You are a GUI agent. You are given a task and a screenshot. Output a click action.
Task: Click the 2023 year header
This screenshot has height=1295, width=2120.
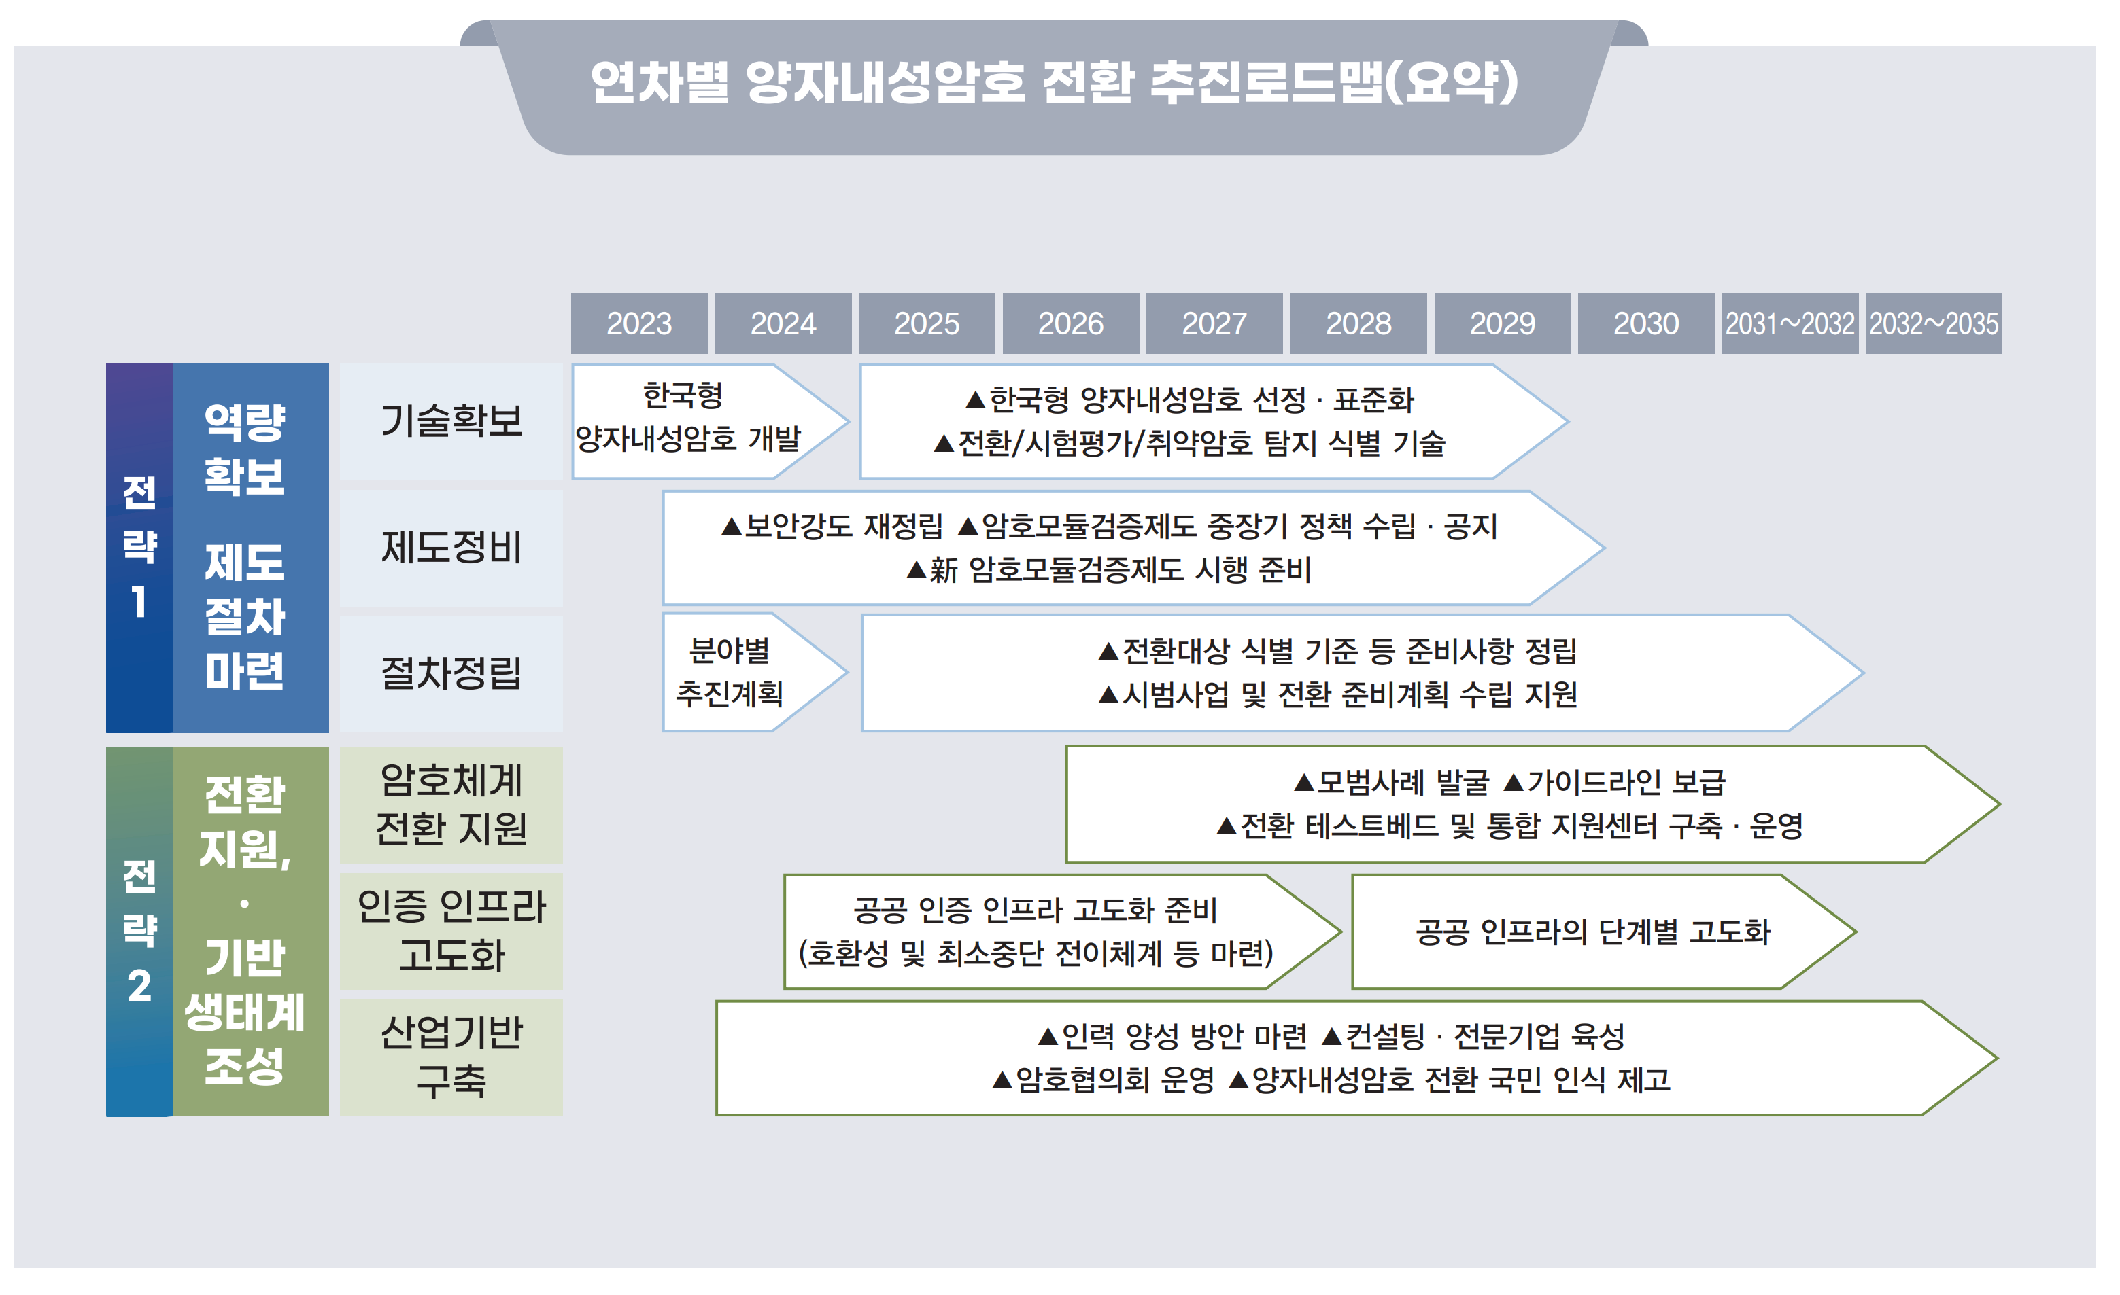click(x=638, y=323)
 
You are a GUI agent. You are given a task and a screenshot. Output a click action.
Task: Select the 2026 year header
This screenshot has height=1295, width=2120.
click(x=1070, y=323)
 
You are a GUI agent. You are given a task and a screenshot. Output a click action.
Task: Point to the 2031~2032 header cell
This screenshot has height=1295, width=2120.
click(x=1790, y=323)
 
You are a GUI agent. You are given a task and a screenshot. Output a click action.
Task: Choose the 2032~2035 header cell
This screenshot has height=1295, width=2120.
click(x=1933, y=323)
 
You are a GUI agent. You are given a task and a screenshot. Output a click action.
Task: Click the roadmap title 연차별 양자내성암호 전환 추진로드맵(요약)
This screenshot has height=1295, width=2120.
click(x=1054, y=84)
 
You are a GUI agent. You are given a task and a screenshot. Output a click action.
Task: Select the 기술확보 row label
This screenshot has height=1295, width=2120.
click(x=451, y=421)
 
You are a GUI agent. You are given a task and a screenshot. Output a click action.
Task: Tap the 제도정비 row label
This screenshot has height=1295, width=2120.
click(x=451, y=548)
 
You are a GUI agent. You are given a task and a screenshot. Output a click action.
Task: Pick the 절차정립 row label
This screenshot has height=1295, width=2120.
click(x=451, y=673)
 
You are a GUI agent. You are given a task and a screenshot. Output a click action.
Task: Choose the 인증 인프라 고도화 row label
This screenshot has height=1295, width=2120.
click(x=451, y=932)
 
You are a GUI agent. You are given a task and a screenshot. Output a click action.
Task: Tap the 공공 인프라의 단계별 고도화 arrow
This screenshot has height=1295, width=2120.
click(x=1592, y=932)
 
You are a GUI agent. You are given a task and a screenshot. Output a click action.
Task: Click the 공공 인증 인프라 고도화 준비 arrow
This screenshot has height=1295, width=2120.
click(x=1036, y=932)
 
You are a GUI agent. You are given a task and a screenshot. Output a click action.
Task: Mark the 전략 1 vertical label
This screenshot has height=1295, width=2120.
click(x=139, y=547)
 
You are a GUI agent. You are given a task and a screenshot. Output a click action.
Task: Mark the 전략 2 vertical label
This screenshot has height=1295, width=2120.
click(x=139, y=932)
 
